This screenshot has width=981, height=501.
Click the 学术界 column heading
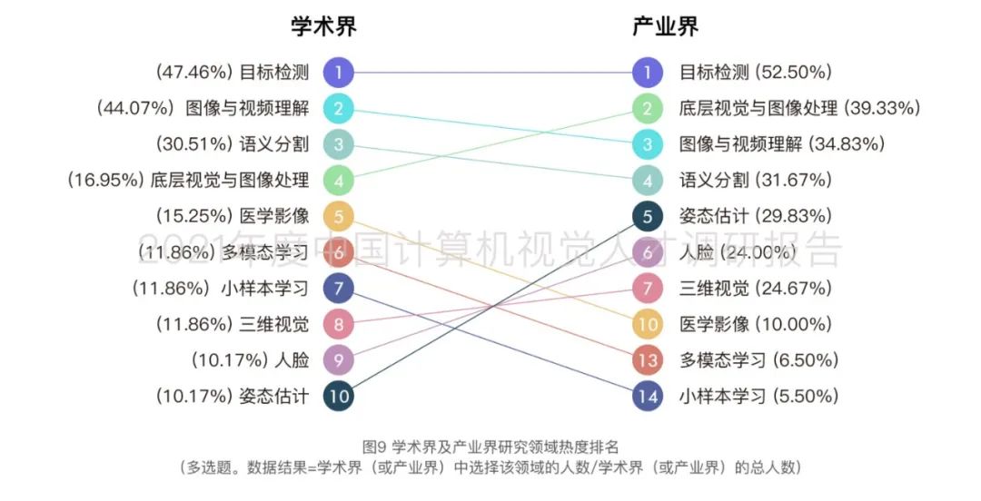[323, 27]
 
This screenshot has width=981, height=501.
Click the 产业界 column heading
[665, 27]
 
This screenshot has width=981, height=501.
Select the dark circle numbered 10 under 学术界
[338, 397]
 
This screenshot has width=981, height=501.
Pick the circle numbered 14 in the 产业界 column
[648, 397]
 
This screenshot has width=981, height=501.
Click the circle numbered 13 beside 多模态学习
[648, 360]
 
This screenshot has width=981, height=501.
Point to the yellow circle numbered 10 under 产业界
[648, 324]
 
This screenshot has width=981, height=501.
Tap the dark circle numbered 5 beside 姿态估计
[648, 216]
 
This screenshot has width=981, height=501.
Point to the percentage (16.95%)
[105, 181]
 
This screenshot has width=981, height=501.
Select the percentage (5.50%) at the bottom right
[806, 397]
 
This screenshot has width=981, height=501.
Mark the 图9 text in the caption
[375, 447]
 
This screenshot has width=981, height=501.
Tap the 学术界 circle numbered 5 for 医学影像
[338, 216]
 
